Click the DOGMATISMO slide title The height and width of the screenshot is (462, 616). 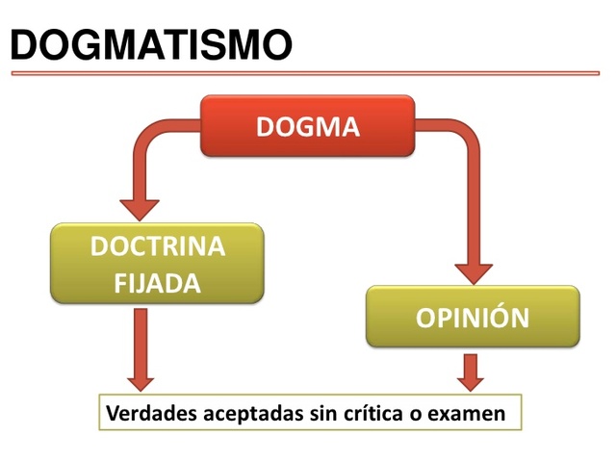pyautogui.click(x=152, y=43)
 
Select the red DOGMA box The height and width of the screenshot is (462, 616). pyautogui.click(x=307, y=126)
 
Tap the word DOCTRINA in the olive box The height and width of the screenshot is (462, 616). pyautogui.click(x=157, y=246)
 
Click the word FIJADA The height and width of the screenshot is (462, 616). pyautogui.click(x=157, y=284)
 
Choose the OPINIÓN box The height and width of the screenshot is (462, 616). pyautogui.click(x=472, y=317)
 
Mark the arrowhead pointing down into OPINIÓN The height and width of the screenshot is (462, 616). pyautogui.click(x=473, y=271)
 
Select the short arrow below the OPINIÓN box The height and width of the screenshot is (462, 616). pyautogui.click(x=471, y=372)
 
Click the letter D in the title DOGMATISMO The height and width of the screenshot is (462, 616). pyautogui.click(x=29, y=44)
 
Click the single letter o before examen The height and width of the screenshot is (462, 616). pyautogui.click(x=424, y=416)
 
